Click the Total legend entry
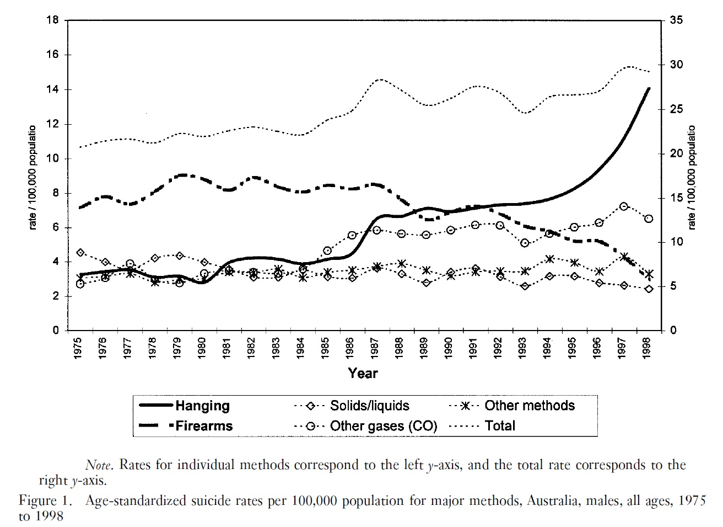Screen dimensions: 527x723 tap(500, 426)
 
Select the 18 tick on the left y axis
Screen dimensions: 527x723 tap(54, 20)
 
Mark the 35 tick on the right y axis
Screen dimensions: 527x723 tap(676, 20)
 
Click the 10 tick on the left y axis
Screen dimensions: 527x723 tap(54, 158)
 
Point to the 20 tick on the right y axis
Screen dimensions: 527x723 tap(676, 153)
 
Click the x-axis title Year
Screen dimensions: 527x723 tap(363, 374)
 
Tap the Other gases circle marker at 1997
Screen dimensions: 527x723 tap(624, 206)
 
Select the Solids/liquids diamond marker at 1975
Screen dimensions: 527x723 tap(80, 252)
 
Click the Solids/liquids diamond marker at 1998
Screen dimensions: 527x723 tap(649, 289)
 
